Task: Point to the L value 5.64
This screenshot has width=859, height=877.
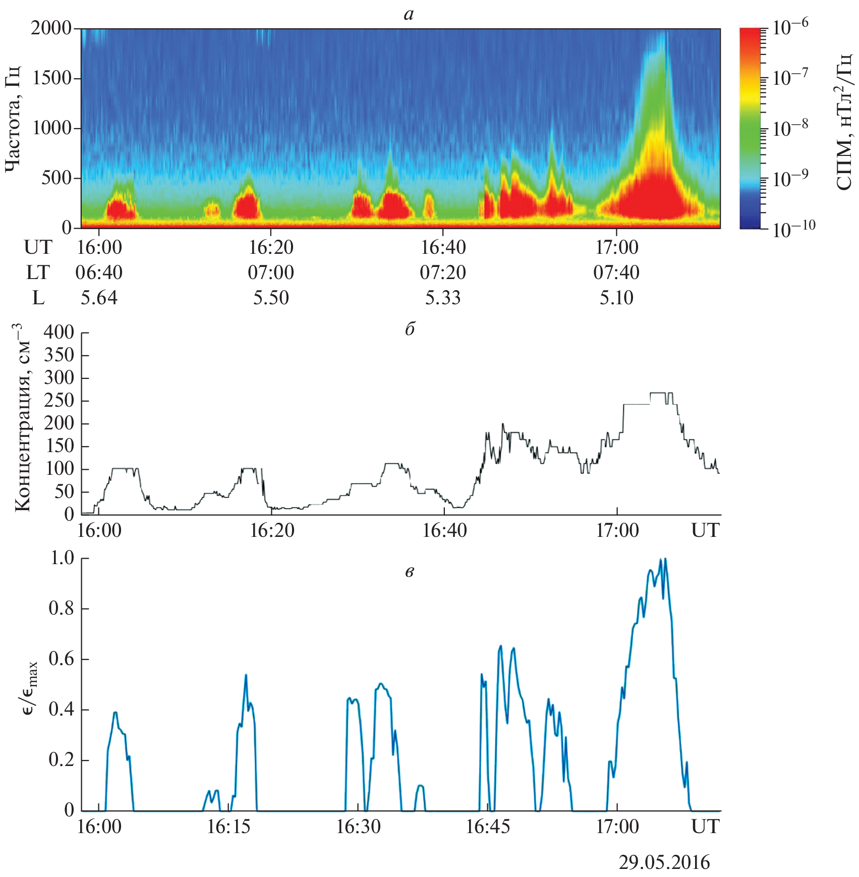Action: coord(99,298)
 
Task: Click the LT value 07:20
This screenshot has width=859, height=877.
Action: coord(443,272)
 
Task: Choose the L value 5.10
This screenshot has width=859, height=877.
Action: coord(616,298)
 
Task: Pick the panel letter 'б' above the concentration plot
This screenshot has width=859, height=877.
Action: coord(410,330)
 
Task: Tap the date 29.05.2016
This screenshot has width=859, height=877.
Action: coord(664,862)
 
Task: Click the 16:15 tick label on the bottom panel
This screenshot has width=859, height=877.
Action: coord(228,827)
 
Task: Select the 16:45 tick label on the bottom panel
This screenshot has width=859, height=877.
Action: coord(488,827)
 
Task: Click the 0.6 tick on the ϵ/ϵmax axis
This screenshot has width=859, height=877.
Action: coord(62,659)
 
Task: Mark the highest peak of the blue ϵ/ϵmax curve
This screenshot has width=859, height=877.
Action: coord(665,559)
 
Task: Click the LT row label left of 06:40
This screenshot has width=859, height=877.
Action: coord(38,272)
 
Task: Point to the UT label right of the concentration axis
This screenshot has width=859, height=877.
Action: coord(705,531)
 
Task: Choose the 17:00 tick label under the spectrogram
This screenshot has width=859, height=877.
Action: coord(616,247)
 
